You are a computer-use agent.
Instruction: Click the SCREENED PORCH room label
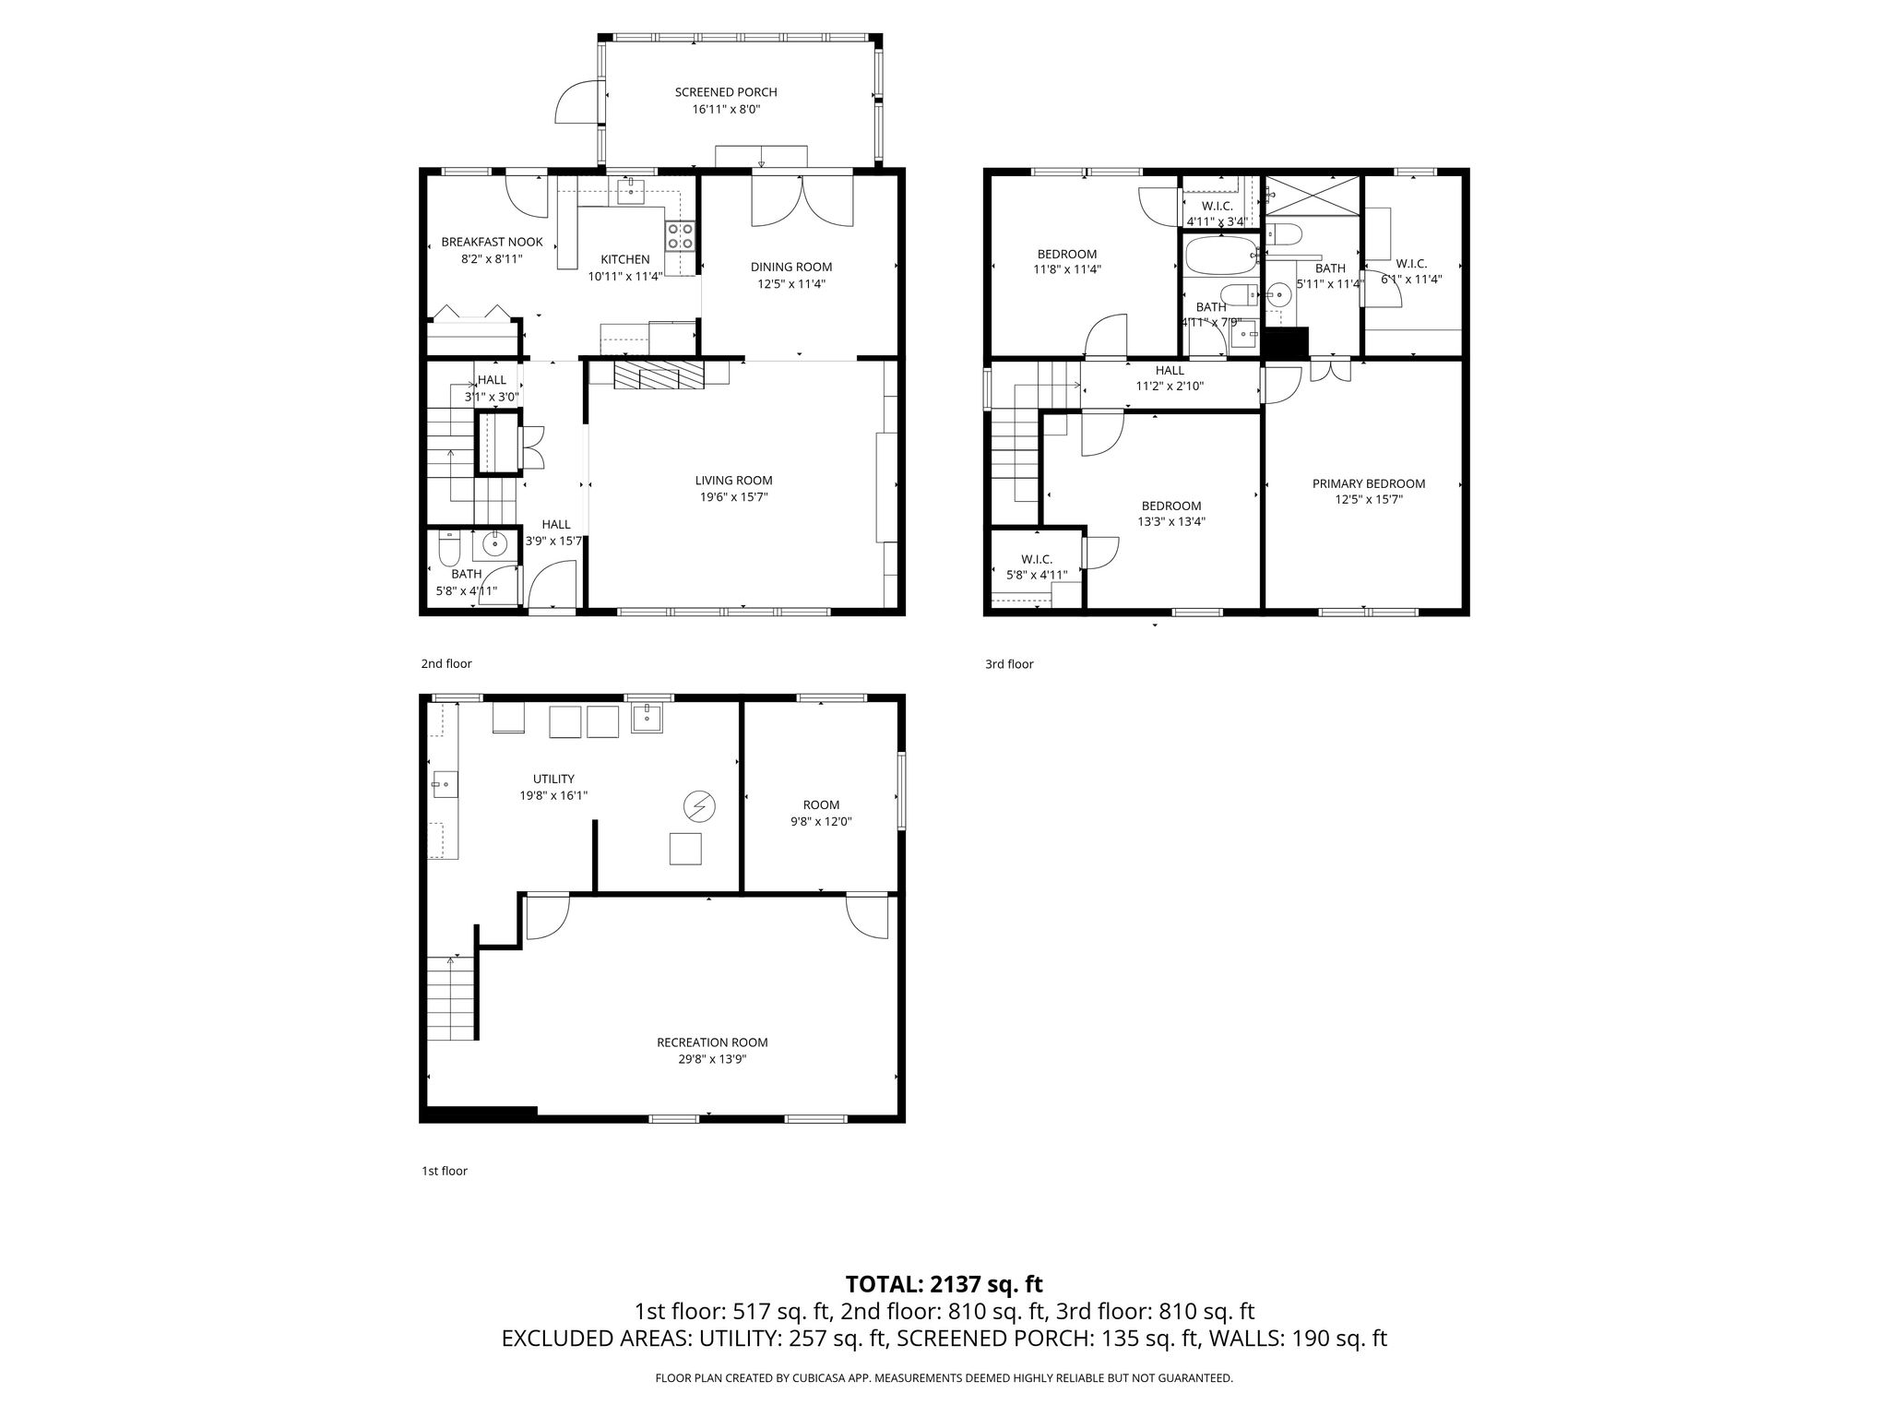[726, 92]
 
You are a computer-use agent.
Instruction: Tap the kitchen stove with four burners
[681, 236]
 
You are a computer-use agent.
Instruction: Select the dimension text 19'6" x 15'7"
[733, 497]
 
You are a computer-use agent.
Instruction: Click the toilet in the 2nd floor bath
[449, 548]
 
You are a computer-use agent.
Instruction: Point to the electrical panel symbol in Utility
[699, 807]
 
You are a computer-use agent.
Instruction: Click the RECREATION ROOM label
[712, 1042]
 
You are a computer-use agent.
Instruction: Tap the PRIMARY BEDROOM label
[1369, 483]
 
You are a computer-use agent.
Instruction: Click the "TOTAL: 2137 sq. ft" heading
[944, 1284]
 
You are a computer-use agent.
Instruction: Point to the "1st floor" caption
[445, 1171]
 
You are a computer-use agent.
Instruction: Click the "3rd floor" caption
[1009, 663]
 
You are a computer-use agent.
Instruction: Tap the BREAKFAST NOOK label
[492, 242]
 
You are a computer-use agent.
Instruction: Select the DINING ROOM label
[791, 267]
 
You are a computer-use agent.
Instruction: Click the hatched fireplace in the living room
[659, 375]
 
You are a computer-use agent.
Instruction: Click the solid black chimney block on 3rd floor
[1286, 344]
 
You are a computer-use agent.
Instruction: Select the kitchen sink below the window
[632, 192]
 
